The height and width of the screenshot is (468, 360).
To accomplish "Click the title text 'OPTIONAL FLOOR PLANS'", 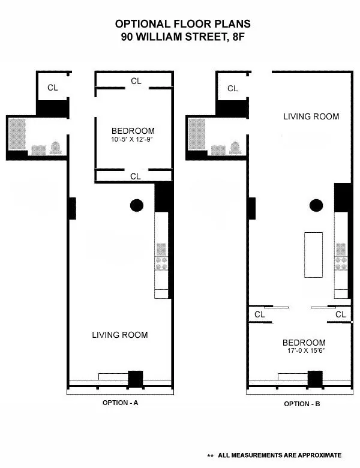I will pos(183,24).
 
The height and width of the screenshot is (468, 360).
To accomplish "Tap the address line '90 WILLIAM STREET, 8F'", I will pos(183,36).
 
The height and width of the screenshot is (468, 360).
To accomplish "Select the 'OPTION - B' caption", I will pos(302,404).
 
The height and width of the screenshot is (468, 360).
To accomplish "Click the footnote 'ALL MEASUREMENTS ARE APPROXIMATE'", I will pos(280,455).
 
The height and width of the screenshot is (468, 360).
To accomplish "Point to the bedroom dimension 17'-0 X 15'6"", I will pos(304,352).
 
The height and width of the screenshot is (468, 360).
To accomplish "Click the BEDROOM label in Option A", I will pos(133,131).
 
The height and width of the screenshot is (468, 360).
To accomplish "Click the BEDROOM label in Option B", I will pos(304,343).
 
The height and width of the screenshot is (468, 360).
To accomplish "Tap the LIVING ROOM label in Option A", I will pos(120,335).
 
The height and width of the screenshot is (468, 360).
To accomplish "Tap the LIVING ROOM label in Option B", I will pos(311,116).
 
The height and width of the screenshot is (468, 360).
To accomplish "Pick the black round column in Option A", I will pos(137,205).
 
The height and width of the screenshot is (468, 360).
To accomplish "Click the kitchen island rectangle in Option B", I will pos(313,254).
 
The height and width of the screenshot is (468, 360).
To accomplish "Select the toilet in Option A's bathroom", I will pos(56,147).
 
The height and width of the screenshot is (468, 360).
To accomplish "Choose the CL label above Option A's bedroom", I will pos(136,80).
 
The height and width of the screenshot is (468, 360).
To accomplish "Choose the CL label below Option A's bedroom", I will pos(136,176).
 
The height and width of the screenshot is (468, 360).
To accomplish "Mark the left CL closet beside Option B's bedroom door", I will pos(259,314).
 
